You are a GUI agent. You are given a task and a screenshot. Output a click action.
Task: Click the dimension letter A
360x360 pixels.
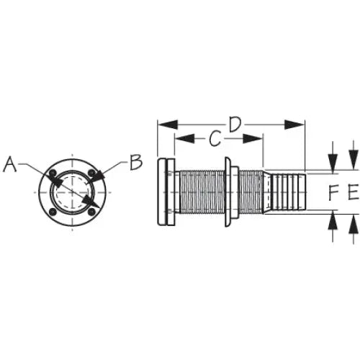point(10,164)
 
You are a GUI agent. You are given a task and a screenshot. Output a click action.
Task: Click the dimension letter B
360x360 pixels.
point(136,162)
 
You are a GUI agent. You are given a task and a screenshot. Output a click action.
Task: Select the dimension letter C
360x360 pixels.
point(215,139)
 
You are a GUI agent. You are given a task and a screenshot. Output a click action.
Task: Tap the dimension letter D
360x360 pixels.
point(235,125)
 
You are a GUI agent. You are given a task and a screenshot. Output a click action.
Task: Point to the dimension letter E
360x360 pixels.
point(354,192)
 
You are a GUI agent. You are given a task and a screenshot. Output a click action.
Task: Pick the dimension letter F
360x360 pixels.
point(333,192)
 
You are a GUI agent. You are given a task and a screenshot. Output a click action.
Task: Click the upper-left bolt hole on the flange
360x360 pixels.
point(53,173)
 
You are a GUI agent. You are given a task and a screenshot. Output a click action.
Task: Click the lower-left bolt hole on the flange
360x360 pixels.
point(53,212)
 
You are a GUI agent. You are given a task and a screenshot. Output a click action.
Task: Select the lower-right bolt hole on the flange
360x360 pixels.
point(91,212)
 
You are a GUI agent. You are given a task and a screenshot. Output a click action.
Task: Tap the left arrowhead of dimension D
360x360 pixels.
point(168,125)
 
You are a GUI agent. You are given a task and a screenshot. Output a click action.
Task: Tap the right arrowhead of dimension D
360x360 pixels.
point(294,125)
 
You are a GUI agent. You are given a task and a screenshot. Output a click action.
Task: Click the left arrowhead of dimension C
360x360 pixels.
point(185,138)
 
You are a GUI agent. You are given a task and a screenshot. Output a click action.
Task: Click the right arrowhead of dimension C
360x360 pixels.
point(253,138)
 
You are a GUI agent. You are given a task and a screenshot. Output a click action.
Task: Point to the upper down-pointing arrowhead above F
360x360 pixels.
point(333,163)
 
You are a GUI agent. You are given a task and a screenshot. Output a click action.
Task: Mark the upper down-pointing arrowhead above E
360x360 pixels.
point(354,160)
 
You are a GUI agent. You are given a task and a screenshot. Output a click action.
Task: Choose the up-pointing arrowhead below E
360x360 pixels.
point(354,224)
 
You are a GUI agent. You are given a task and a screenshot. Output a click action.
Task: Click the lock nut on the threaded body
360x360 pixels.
point(231,192)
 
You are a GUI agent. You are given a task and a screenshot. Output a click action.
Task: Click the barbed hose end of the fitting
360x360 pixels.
point(285,192)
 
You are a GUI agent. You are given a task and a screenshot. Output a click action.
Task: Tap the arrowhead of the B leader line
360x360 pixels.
point(99,176)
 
